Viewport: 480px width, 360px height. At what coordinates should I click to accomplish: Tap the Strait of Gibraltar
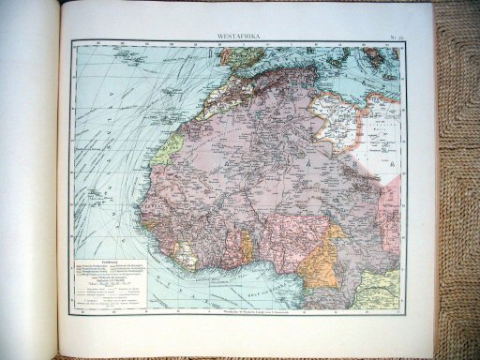click(x=222, y=71)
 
